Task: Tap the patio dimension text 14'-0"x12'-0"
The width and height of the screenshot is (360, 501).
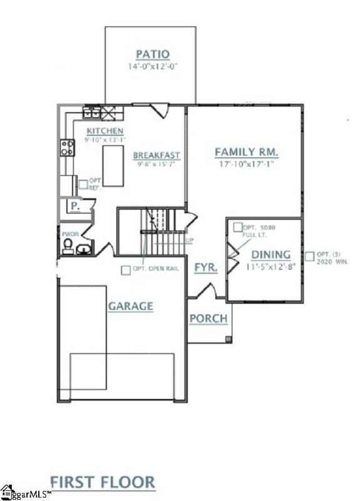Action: point(150,65)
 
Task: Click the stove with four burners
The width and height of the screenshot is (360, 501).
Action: point(66,147)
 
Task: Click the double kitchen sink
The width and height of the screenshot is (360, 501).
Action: point(92,113)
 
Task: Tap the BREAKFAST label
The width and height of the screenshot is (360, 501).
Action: point(157,155)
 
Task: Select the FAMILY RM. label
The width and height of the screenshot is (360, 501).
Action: point(247,152)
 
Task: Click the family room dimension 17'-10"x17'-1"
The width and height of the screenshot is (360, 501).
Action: point(247,164)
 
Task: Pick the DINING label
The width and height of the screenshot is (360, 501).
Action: point(270,254)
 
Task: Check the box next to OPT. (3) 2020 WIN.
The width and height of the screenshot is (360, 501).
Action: point(309,256)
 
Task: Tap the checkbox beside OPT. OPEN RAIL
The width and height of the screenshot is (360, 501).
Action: point(126,270)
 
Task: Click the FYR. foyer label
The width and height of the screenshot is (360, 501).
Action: point(205,267)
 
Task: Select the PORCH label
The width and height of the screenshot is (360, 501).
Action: point(208,319)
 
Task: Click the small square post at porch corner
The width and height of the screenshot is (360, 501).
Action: point(228,339)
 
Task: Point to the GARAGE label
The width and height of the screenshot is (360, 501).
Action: point(130,306)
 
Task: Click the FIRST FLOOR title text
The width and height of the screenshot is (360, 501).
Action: point(102,482)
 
